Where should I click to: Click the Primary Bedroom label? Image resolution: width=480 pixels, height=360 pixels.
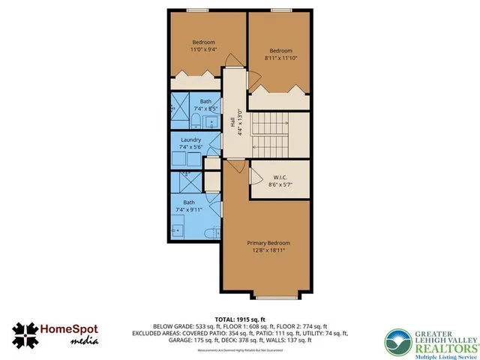pyautogui.click(x=268, y=243)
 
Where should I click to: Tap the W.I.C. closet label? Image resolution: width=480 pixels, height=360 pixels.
pyautogui.click(x=280, y=178)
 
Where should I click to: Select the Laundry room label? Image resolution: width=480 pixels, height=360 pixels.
pyautogui.click(x=191, y=139)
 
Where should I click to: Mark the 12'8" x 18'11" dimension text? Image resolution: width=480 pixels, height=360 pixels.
pyautogui.click(x=268, y=252)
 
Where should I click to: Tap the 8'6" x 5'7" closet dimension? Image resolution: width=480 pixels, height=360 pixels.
pyautogui.click(x=280, y=185)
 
